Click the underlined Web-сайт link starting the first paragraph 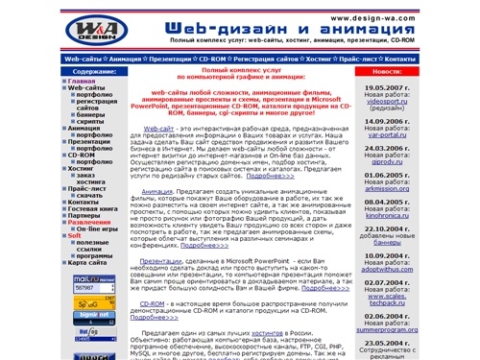[x=159, y=127]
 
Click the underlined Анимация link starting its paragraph [x=156, y=192]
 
